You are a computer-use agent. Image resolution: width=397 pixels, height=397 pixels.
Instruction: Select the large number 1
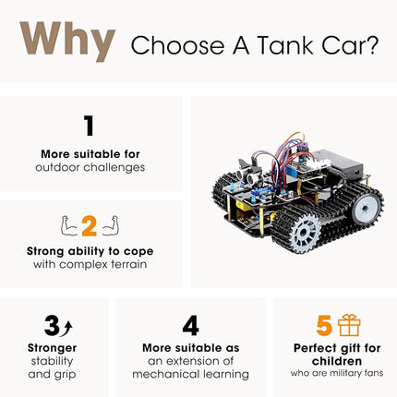[x=90, y=126]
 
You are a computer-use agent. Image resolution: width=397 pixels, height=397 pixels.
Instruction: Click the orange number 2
[x=90, y=225]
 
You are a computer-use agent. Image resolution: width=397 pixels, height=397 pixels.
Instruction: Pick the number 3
[x=52, y=325]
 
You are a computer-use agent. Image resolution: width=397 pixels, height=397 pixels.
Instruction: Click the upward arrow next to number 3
[x=66, y=326]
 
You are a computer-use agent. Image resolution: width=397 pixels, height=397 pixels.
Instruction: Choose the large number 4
[x=190, y=325]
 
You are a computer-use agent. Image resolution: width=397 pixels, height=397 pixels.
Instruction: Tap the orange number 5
[x=324, y=325]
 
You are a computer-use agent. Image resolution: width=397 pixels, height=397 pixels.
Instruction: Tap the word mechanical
[x=165, y=374]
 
